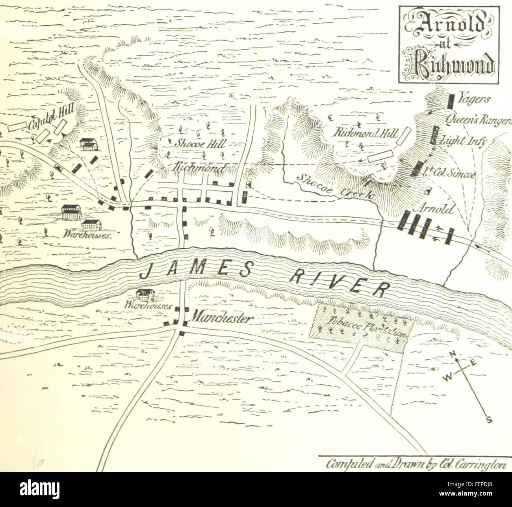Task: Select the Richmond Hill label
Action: coord(366,133)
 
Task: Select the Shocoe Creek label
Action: coord(334,186)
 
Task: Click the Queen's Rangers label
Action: coord(477,121)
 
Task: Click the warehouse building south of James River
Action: coord(145,295)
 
